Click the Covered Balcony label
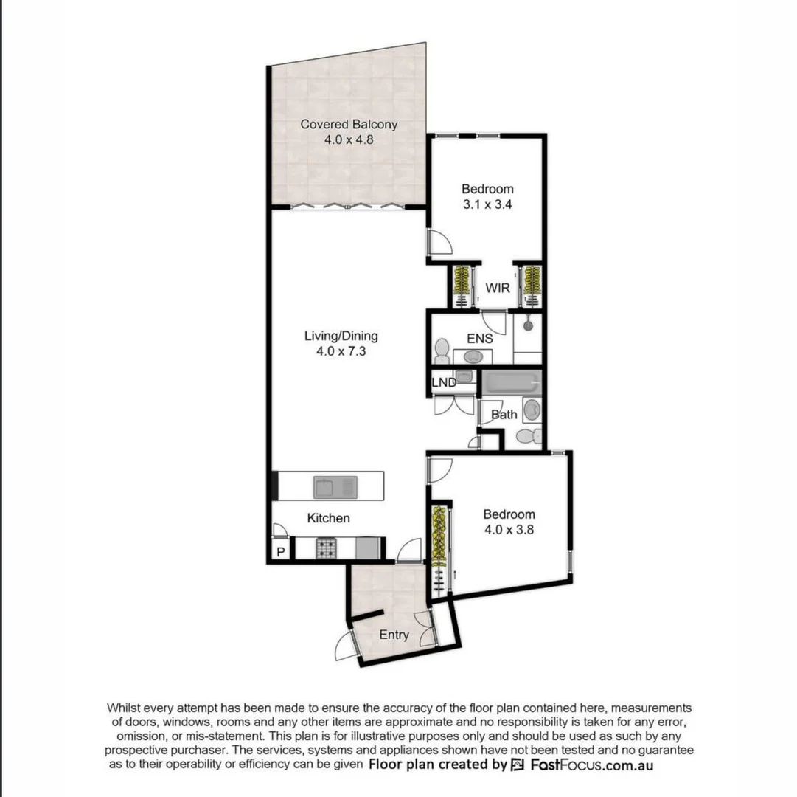click(349, 124)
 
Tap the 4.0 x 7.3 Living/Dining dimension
click(341, 352)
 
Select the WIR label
click(498, 288)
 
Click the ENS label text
click(479, 339)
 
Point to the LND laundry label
click(443, 382)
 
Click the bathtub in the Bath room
click(511, 384)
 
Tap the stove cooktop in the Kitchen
click(327, 548)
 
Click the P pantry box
click(280, 551)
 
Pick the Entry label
click(394, 635)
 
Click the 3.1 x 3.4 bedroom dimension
click(487, 204)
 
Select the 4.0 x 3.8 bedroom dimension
click(509, 529)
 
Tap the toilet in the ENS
click(442, 348)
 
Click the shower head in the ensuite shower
click(528, 324)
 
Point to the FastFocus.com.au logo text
click(591, 765)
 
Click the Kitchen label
click(328, 518)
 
